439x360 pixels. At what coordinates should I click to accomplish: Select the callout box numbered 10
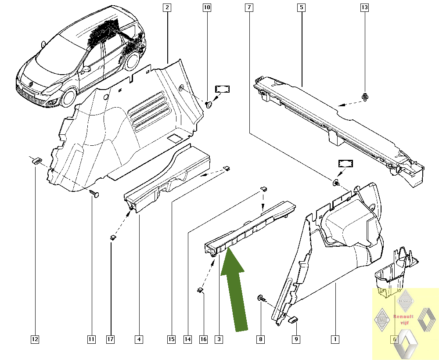click(x=207, y=7)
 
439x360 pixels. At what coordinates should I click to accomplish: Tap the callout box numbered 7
click(x=249, y=7)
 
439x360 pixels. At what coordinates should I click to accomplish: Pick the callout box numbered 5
click(x=301, y=7)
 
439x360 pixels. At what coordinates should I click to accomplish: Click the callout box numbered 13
click(x=364, y=7)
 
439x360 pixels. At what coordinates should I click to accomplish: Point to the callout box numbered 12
click(x=35, y=339)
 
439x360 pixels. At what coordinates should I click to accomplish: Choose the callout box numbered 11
click(x=91, y=339)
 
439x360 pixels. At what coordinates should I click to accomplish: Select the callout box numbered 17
click(x=111, y=339)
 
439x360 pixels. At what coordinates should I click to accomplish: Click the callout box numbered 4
click(x=139, y=339)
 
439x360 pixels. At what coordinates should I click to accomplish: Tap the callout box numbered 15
click(x=171, y=339)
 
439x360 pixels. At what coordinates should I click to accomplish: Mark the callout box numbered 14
click(x=188, y=339)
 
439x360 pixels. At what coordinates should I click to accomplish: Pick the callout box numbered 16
click(x=203, y=339)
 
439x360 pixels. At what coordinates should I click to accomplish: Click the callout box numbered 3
click(x=219, y=339)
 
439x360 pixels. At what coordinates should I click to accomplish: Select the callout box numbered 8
click(x=261, y=339)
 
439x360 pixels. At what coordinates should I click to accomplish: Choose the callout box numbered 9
click(x=296, y=339)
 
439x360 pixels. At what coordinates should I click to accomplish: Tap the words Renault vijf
click(x=403, y=319)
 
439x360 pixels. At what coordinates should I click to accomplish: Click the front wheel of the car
click(x=68, y=97)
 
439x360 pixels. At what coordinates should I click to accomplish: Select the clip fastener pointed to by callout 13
click(x=364, y=97)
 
